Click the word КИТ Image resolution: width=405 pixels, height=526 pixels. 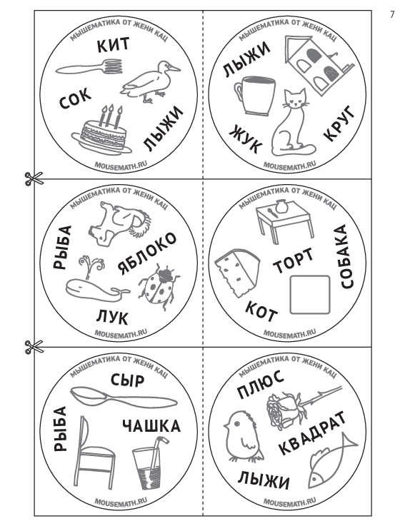pyautogui.click(x=113, y=45)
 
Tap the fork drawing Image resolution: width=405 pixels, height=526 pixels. pyautogui.click(x=89, y=67)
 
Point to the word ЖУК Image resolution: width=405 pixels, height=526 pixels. pyautogui.click(x=245, y=139)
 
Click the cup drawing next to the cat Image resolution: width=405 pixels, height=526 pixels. pyautogui.click(x=255, y=96)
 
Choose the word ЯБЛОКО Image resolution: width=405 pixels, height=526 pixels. pyautogui.click(x=146, y=253)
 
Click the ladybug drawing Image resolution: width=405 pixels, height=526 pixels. pyautogui.click(x=159, y=285)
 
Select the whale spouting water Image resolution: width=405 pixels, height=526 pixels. pyautogui.click(x=95, y=280)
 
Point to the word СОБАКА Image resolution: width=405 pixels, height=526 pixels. pyautogui.click(x=343, y=257)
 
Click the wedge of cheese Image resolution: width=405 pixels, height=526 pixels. pyautogui.click(x=237, y=272)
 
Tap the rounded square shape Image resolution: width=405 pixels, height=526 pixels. pyautogui.click(x=309, y=295)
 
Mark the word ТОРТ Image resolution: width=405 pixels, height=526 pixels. pyautogui.click(x=293, y=261)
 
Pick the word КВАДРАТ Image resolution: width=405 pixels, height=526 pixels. pyautogui.click(x=312, y=433)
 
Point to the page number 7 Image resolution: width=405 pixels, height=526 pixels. pyautogui.click(x=392, y=15)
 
